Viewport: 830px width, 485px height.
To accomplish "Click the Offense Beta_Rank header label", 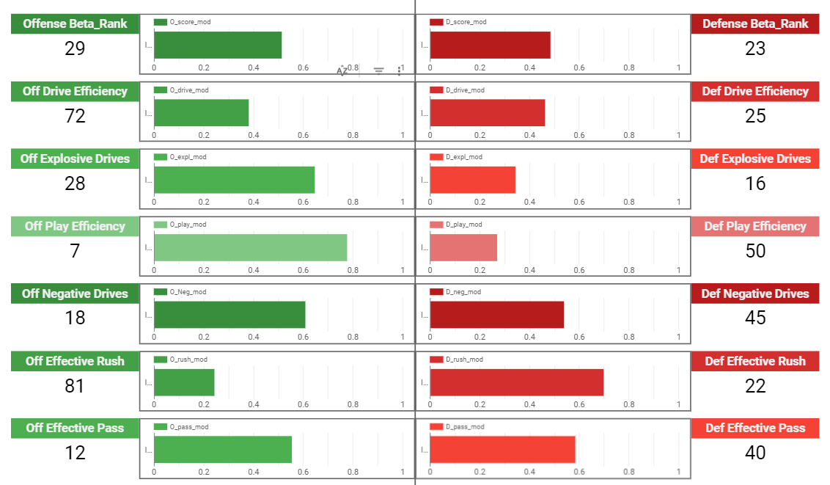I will coord(75,23).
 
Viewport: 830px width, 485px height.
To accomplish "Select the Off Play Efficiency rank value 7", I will coord(75,251).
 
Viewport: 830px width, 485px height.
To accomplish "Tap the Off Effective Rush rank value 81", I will coord(75,386).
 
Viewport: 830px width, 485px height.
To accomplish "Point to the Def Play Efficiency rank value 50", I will coord(755,251).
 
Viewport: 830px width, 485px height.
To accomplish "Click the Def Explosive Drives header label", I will coord(755,158).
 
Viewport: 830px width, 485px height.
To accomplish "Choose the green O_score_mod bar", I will coord(218,45).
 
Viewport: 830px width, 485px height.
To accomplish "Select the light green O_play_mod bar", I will coord(250,247).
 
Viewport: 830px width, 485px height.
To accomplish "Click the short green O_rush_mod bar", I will coord(184,382).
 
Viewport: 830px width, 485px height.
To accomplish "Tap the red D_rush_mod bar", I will coord(516,382).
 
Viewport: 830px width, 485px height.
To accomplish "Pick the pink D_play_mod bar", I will coord(463,247).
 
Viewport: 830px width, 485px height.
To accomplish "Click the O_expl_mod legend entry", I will coord(182,157).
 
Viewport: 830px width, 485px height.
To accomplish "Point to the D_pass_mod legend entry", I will coord(458,427).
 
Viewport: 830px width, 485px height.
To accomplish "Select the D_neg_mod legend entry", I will coord(457,292).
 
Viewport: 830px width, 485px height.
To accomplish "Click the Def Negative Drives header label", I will coord(755,293).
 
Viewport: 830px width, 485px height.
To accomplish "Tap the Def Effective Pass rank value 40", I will coord(755,453).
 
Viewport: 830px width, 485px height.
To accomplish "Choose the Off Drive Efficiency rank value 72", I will coord(75,116).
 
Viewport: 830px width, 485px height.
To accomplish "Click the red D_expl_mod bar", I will coord(472,180).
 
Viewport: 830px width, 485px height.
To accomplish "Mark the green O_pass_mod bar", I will coord(223,450).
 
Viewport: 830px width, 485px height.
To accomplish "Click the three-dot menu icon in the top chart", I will coord(400,70).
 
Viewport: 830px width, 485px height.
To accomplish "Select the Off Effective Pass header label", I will coord(75,428).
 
